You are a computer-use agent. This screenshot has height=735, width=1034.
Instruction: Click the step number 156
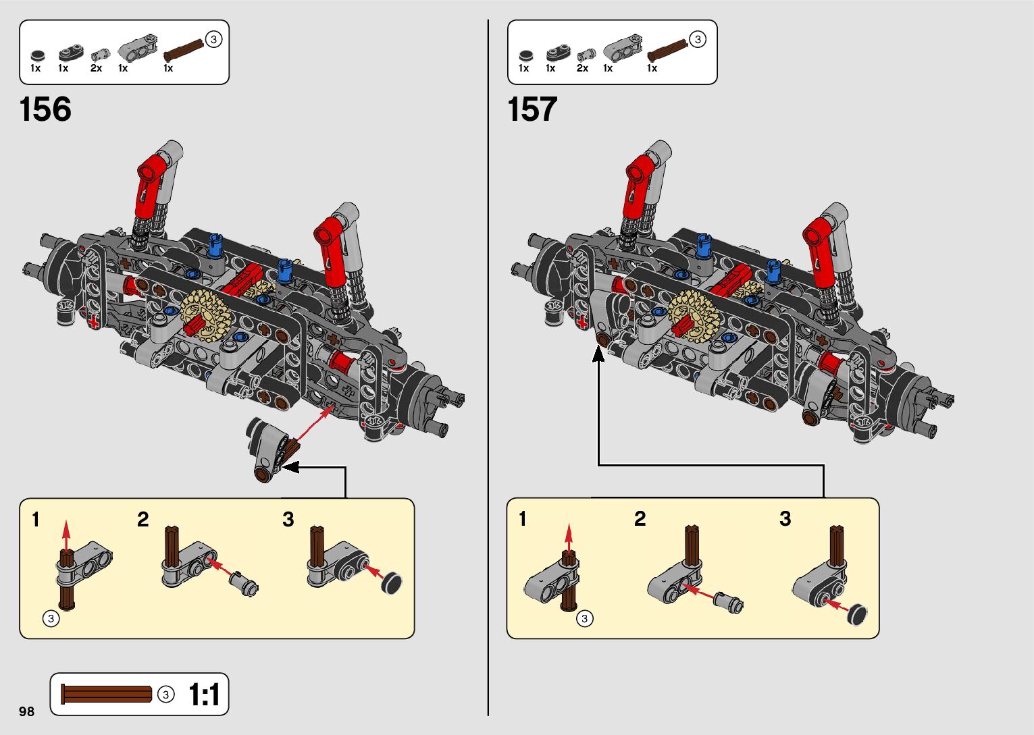[x=45, y=109]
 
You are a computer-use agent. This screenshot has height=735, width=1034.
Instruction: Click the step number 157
[x=532, y=109]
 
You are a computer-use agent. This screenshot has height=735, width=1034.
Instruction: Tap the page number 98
[x=27, y=711]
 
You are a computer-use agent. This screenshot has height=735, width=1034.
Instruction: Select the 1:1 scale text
[x=204, y=695]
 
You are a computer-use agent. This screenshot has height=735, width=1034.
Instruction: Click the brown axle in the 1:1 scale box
[x=107, y=694]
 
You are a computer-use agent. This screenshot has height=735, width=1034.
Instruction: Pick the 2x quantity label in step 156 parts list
[x=96, y=68]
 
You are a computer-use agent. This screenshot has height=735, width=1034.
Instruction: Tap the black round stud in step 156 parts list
[x=38, y=55]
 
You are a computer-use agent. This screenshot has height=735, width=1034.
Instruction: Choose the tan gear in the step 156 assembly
[x=206, y=314]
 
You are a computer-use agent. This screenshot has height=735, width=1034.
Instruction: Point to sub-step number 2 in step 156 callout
[x=143, y=520]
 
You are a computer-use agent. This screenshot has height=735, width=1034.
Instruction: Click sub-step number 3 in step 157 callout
[x=785, y=519]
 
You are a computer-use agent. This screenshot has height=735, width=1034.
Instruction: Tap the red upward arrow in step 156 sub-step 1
[x=66, y=533]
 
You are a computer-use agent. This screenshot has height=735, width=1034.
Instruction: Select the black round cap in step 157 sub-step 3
[x=857, y=614]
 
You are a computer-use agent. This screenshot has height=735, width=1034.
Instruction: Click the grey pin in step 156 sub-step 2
[x=244, y=583]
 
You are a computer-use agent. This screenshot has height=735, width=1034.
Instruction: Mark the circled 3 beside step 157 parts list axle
[x=698, y=39]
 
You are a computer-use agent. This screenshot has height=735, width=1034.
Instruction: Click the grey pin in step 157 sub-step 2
[x=731, y=601]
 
